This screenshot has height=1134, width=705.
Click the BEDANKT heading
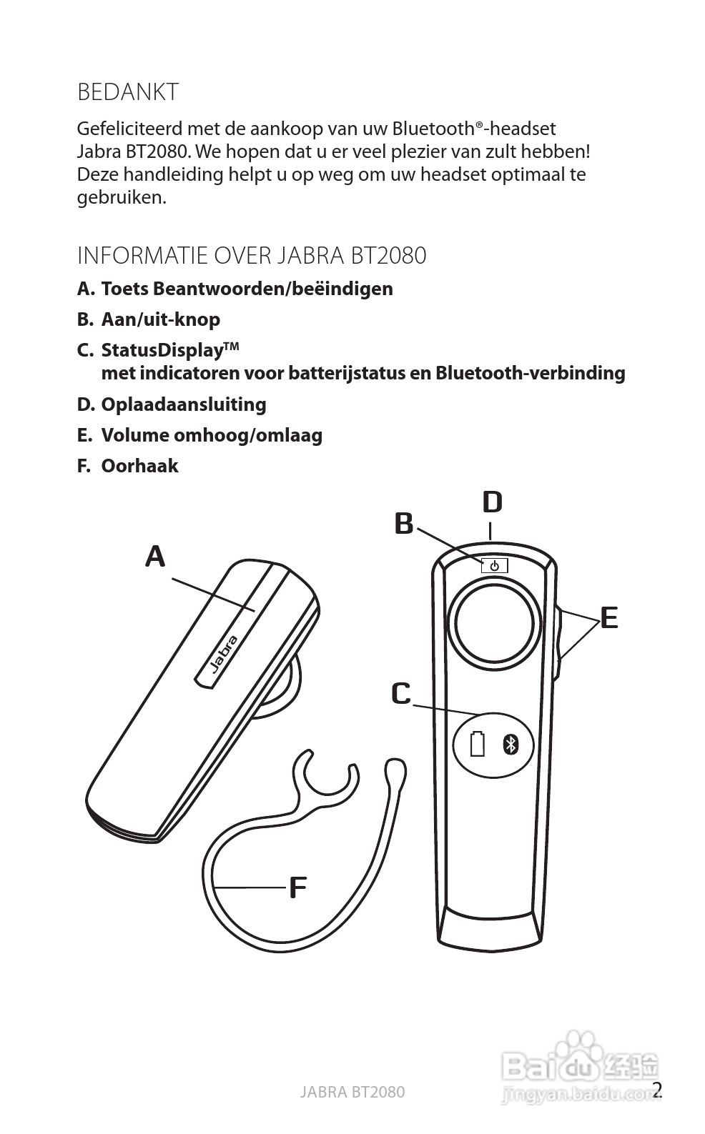128,92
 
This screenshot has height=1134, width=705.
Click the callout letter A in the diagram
155,556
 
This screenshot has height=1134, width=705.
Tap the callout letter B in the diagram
404,524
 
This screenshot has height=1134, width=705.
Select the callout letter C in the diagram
401,693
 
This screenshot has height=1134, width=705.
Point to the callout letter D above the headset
492,502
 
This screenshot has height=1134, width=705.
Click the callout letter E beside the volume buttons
608,617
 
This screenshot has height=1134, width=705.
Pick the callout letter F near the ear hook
297,888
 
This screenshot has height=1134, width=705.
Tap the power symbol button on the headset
494,566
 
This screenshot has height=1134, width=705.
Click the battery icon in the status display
477,744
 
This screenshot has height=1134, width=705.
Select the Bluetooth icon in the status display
510,744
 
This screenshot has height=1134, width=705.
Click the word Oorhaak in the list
139,466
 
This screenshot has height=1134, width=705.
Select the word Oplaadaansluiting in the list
184,404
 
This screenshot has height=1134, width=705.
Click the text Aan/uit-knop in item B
160,319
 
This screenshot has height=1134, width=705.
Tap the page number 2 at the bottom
657,1090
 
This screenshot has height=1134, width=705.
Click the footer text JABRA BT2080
352,1092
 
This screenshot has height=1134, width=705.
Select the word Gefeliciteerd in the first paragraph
129,129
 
